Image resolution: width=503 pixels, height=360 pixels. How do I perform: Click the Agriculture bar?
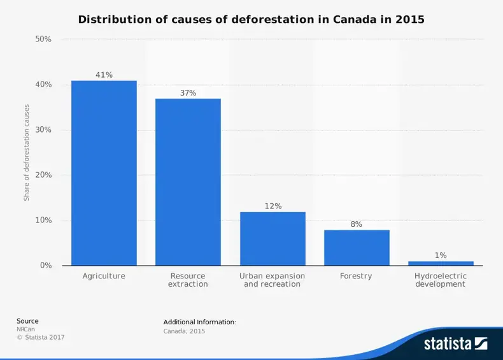pyautogui.click(x=104, y=173)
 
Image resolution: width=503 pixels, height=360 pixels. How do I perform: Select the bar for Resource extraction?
pyautogui.click(x=188, y=182)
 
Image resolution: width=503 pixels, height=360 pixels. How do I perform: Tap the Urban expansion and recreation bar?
pyautogui.click(x=273, y=238)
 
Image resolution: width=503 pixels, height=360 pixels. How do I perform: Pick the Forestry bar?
pyautogui.click(x=357, y=247)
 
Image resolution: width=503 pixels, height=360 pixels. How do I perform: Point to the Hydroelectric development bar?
pyautogui.click(x=441, y=263)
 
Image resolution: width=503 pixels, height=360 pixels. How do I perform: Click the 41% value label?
pyautogui.click(x=104, y=75)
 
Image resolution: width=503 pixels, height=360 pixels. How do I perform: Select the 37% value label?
pyautogui.click(x=188, y=93)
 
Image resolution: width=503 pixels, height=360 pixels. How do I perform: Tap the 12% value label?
pyautogui.click(x=273, y=206)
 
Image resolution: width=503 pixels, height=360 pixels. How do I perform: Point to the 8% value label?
pyautogui.click(x=357, y=224)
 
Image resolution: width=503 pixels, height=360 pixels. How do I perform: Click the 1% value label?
pyautogui.click(x=441, y=256)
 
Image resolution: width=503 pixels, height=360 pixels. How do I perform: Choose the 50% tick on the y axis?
pyautogui.click(x=43, y=40)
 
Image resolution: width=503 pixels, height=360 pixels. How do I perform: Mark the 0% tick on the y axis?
pyautogui.click(x=46, y=266)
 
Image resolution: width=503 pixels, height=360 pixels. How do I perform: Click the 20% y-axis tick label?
pyautogui.click(x=43, y=175)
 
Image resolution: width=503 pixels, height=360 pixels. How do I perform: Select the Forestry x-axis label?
pyautogui.click(x=357, y=277)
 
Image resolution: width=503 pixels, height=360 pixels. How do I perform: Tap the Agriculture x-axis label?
pyautogui.click(x=104, y=277)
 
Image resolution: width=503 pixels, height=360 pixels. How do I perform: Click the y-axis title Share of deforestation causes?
pyautogui.click(x=27, y=153)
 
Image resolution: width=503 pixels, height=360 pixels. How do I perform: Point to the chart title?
pyautogui.click(x=251, y=20)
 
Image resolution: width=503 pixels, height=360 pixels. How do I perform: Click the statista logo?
pyautogui.click(x=455, y=344)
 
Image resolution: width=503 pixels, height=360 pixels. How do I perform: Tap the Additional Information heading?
pyautogui.click(x=199, y=322)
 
